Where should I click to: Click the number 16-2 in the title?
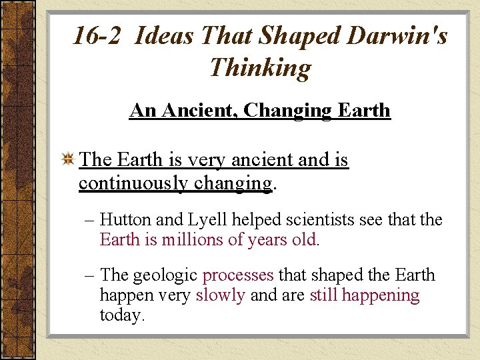tap(97, 35)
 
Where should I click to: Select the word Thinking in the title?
tap(260, 67)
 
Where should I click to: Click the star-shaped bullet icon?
tap(67, 160)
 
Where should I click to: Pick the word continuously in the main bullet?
tap(133, 182)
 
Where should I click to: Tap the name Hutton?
tap(127, 219)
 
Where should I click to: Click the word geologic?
tap(166, 275)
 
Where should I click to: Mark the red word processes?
tap(238, 275)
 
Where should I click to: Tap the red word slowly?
tap(220, 295)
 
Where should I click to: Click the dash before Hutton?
tap(89, 219)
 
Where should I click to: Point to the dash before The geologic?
tap(89, 275)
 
